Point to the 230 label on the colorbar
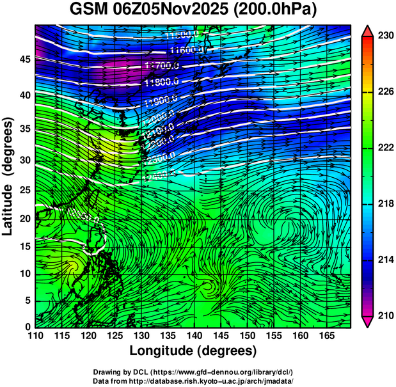pyautogui.click(x=385, y=36)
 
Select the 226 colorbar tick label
pyautogui.click(x=385, y=92)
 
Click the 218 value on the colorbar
pyautogui.click(x=385, y=203)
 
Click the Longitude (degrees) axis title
pyautogui.click(x=193, y=351)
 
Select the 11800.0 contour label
pyautogui.click(x=162, y=82)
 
